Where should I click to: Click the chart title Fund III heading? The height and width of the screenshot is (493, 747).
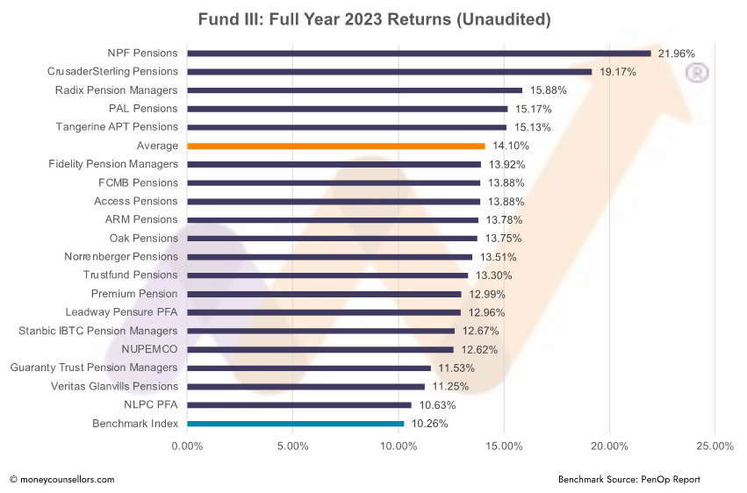click(373, 18)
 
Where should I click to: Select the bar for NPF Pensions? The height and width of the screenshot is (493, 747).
click(419, 54)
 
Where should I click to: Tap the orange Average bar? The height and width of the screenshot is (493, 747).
click(335, 146)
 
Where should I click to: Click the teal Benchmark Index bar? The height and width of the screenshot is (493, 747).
click(295, 424)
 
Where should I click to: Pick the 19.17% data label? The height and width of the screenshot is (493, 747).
click(617, 72)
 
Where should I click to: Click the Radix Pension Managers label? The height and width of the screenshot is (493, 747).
click(116, 90)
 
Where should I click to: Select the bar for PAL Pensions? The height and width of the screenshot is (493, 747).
click(347, 109)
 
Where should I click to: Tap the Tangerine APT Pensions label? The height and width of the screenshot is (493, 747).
click(117, 127)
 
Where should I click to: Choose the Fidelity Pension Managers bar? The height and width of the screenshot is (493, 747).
click(334, 164)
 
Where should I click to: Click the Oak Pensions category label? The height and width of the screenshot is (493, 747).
click(143, 239)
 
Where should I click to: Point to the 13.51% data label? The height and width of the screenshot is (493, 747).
click(498, 257)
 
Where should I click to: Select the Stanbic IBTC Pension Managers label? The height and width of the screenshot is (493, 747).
click(97, 331)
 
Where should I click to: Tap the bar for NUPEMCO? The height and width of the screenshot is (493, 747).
click(320, 349)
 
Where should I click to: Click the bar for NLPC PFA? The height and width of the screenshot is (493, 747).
click(298, 405)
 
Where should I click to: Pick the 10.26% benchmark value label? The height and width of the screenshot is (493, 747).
click(429, 424)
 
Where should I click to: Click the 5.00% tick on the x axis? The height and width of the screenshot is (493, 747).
click(292, 447)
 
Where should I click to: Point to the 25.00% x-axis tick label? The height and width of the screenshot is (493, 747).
click(715, 447)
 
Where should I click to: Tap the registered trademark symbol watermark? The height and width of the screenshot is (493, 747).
click(697, 74)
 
